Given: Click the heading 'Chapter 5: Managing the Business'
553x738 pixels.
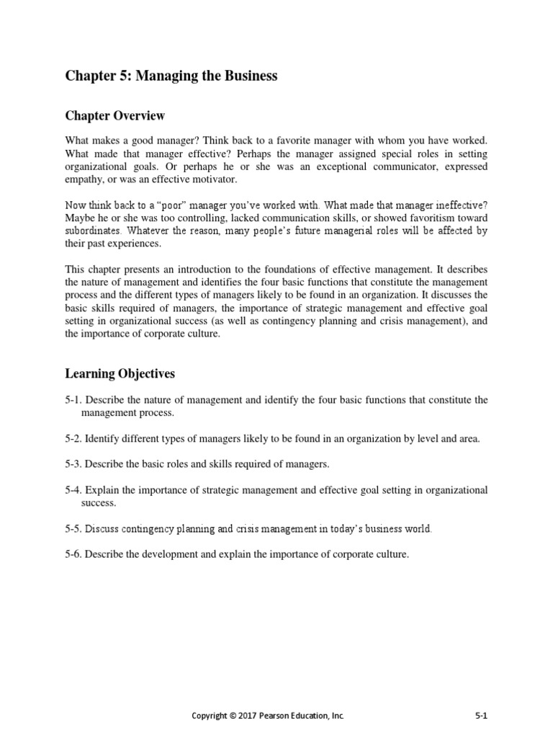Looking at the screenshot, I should tap(171, 76).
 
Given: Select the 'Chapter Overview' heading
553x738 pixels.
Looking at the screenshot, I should tap(115, 115).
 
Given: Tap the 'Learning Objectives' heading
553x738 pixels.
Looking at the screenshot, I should tap(120, 373).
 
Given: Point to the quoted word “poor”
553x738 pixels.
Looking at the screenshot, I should tap(142, 205).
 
